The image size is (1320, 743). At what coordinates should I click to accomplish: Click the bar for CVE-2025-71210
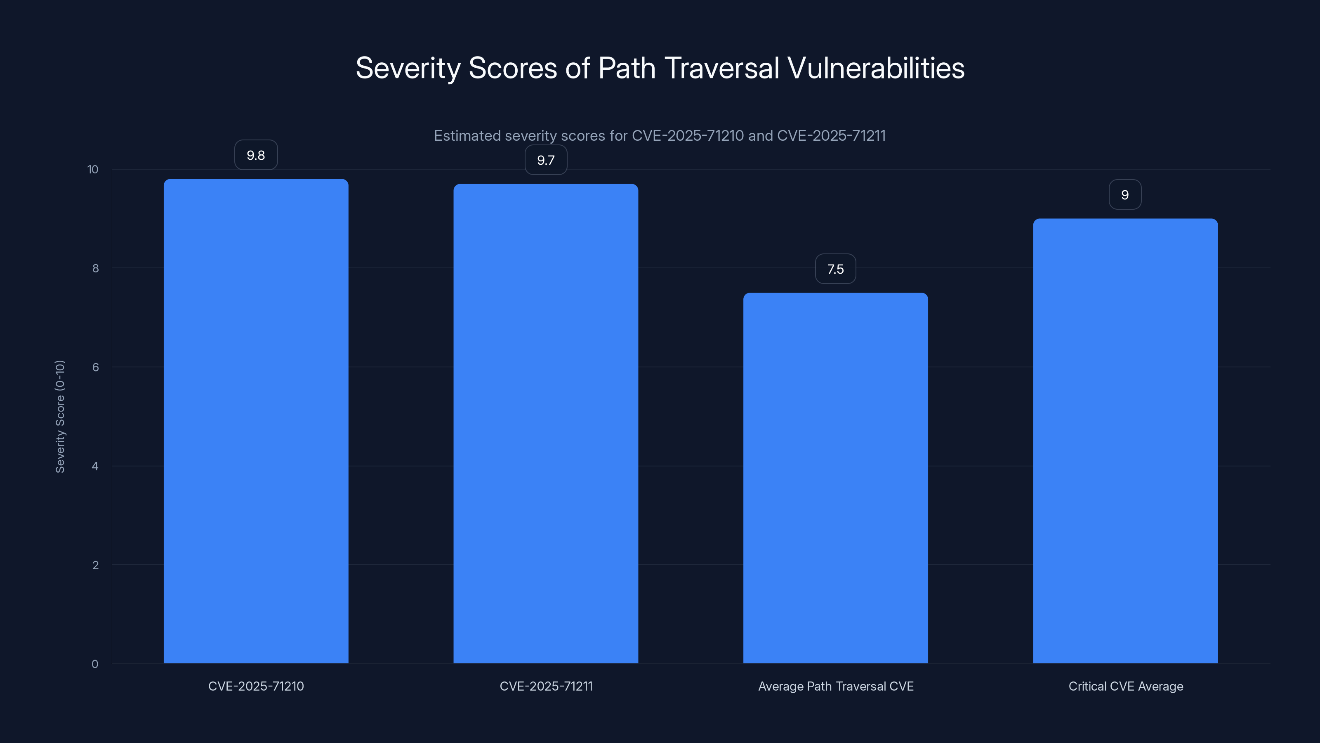pos(256,421)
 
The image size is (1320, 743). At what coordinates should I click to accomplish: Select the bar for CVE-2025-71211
pos(546,423)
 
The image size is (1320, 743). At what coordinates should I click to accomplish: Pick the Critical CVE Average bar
pos(1125,441)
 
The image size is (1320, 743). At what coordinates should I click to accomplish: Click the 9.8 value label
pos(256,155)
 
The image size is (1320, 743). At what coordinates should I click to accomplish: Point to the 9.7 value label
pos(546,160)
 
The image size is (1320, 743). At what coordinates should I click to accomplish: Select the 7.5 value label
pos(835,269)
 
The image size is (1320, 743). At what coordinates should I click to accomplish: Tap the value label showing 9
pos(1125,194)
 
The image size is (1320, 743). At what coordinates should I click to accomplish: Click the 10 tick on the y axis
pos(93,169)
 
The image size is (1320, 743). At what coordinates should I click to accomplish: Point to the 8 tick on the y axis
pos(95,268)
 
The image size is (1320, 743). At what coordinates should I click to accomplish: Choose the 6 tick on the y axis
pos(95,367)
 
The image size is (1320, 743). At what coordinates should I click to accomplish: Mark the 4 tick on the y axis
pos(95,466)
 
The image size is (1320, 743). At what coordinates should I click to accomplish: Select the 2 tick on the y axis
pos(95,565)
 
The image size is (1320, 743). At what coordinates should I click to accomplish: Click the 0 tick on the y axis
pos(95,664)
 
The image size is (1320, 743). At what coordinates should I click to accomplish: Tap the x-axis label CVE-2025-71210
pos(256,686)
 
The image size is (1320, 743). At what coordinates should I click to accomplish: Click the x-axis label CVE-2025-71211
pos(546,686)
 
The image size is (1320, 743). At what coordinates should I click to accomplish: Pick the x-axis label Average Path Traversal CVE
pos(835,686)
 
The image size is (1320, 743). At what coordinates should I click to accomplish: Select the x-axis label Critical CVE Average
pos(1125,686)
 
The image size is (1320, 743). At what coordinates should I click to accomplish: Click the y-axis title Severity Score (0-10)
pos(60,416)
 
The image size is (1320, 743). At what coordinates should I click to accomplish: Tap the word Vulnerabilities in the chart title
pos(876,68)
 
